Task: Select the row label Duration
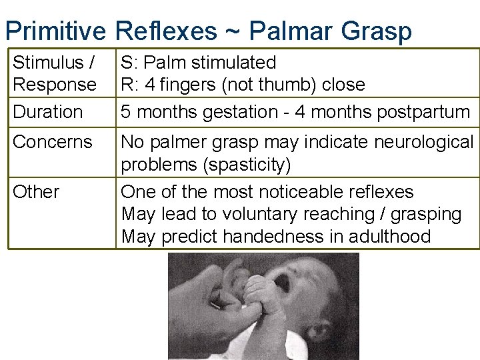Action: pos(48,112)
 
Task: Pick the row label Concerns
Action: pos(53,142)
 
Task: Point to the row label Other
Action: pos(36,192)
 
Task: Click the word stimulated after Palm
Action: pos(232,63)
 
